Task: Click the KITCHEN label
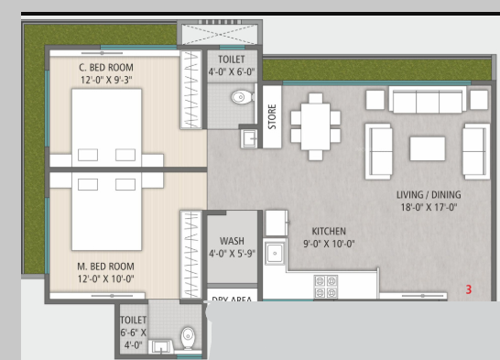point(329,232)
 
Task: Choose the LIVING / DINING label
point(429,195)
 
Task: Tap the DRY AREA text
point(233,300)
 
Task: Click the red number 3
point(468,289)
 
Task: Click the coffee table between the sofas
point(427,148)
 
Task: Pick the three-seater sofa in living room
point(429,100)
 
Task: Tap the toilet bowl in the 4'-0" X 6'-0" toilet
point(241,96)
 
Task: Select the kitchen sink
point(274,253)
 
